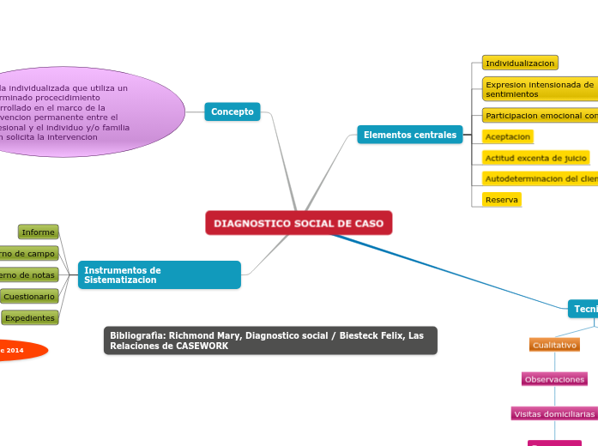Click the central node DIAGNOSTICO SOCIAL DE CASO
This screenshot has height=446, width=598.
299,223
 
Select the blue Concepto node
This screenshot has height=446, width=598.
233,111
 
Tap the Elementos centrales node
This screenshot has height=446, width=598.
410,135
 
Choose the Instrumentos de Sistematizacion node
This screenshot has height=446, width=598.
159,275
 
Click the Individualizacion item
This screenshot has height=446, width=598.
520,63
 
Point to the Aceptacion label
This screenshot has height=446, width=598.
508,136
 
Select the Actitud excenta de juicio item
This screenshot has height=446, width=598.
536,158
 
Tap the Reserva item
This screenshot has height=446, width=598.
502,200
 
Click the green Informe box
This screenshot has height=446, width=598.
39,232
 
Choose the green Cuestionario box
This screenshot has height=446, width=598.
30,297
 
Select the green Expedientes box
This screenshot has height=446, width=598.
30,318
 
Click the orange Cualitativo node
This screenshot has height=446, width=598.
554,345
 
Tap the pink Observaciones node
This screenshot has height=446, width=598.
554,379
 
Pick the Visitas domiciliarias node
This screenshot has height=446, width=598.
554,413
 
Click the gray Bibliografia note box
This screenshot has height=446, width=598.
270,341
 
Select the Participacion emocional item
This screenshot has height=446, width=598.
540,116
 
